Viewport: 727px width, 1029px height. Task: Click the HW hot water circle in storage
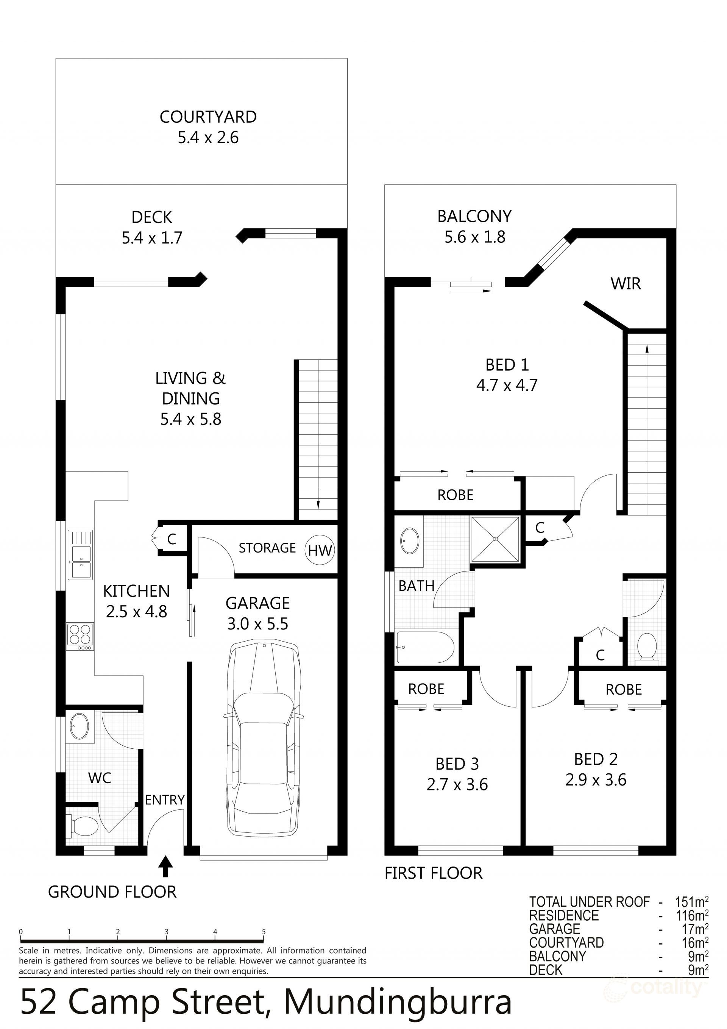[320, 550]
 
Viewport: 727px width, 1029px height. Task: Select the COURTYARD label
[208, 117]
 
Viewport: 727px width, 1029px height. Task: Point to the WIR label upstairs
[625, 284]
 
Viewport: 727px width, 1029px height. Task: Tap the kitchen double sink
[80, 554]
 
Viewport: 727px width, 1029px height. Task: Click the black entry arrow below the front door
[166, 866]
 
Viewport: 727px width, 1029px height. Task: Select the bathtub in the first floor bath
[424, 647]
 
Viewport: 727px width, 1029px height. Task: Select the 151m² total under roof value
[691, 902]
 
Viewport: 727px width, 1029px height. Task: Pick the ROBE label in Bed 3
[426, 689]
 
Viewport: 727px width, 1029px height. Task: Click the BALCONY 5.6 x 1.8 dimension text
[475, 237]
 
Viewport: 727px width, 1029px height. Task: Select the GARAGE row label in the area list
[554, 929]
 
